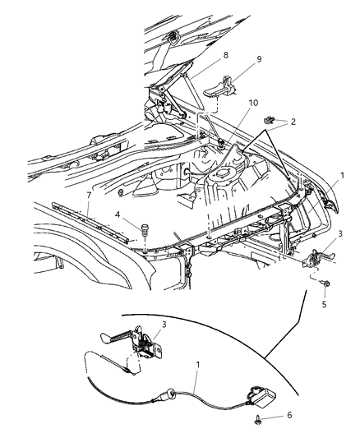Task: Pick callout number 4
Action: [x=118, y=215]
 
